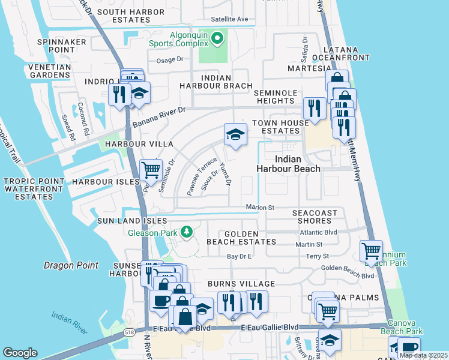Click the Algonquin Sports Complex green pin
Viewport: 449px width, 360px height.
pos(218,40)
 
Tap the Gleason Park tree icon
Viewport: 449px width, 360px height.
pos(187,232)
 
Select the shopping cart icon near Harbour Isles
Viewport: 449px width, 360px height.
pos(151,171)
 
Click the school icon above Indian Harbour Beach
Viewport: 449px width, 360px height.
pos(236,135)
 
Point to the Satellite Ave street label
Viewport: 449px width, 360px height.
pos(225,19)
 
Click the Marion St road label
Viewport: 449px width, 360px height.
pos(259,208)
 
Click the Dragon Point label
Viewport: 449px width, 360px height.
pos(67,265)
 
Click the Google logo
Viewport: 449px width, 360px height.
pos(20,353)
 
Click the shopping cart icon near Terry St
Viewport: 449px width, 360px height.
pos(371,251)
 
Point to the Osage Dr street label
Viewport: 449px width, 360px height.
pos(169,60)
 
